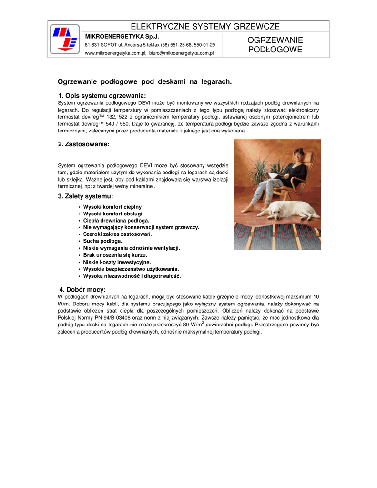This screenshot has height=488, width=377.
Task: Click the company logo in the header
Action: (65, 40)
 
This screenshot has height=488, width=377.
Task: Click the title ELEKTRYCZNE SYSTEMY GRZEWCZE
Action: (205, 27)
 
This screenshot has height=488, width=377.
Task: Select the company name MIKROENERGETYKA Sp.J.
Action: (122, 36)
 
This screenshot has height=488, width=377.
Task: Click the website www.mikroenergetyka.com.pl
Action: (115, 53)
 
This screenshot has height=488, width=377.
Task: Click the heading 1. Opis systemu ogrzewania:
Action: (102, 95)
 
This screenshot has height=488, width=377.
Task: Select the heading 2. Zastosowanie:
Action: (84, 144)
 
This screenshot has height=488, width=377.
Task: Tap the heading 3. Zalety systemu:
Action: (86, 196)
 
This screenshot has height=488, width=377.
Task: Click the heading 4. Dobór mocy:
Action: (82, 290)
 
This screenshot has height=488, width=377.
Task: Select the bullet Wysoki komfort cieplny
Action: (112, 207)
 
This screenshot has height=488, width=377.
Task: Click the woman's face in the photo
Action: (299, 153)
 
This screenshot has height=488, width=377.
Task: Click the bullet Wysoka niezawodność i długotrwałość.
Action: (132, 276)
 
